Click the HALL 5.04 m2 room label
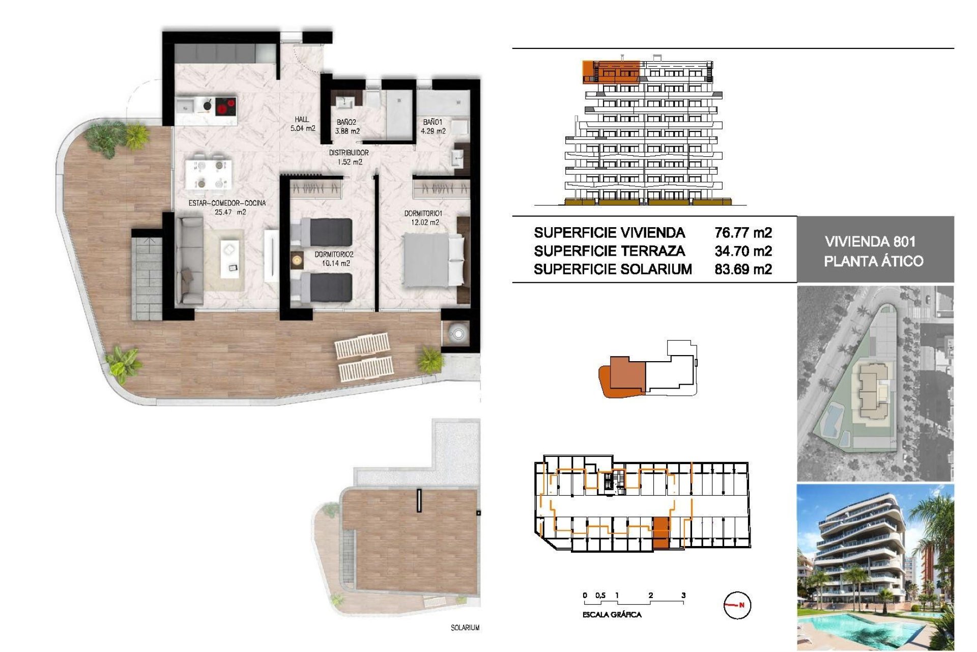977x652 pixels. (x=303, y=124)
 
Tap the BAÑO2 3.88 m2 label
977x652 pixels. (x=347, y=126)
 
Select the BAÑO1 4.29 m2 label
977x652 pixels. (x=433, y=126)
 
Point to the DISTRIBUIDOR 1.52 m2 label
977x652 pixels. (x=349, y=157)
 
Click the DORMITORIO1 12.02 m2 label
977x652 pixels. (x=423, y=218)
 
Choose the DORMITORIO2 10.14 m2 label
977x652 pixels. (x=334, y=259)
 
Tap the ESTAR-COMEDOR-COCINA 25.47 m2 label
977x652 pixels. (x=227, y=207)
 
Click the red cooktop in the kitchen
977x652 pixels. (x=226, y=107)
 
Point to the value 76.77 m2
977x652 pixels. (x=743, y=233)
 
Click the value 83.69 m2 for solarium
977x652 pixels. (x=743, y=269)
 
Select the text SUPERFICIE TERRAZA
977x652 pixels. (x=609, y=251)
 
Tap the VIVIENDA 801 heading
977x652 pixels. (x=870, y=241)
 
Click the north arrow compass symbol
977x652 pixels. (x=737, y=605)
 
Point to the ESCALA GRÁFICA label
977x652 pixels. (x=612, y=615)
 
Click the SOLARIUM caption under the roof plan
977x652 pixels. (x=465, y=628)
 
